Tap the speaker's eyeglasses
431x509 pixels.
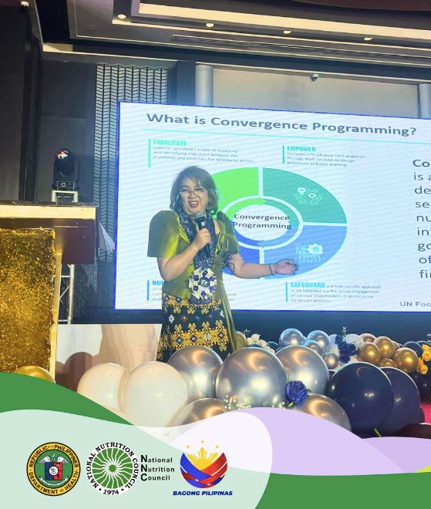[192, 190]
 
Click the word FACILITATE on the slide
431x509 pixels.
[167, 142]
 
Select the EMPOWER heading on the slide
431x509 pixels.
[301, 149]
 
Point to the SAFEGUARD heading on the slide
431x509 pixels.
[307, 285]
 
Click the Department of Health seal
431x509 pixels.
[53, 468]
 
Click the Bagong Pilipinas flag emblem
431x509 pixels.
[204, 465]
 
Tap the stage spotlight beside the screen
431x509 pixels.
[65, 170]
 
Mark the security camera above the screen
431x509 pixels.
[314, 77]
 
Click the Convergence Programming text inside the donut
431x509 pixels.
[261, 222]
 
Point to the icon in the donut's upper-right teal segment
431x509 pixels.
[309, 194]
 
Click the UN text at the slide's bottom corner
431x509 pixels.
[407, 304]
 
